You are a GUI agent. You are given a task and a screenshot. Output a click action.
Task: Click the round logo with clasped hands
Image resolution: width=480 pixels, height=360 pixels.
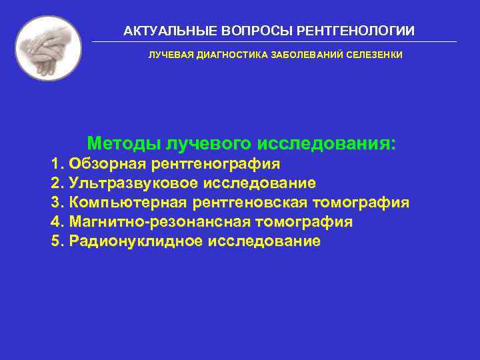pyautogui.click(x=48, y=48)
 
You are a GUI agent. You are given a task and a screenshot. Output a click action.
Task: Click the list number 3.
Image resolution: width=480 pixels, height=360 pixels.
pyautogui.click(x=55, y=203)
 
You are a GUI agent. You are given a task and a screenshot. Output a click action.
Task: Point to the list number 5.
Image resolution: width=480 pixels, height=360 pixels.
pyautogui.click(x=55, y=241)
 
